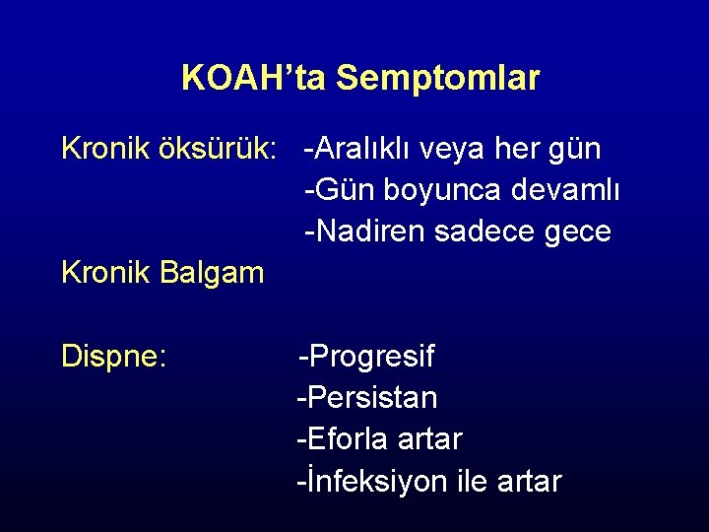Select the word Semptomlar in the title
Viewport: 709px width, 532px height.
point(438,79)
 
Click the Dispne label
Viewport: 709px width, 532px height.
point(112,356)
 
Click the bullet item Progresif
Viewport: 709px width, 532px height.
point(368,356)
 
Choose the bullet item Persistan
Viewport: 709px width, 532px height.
point(368,397)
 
